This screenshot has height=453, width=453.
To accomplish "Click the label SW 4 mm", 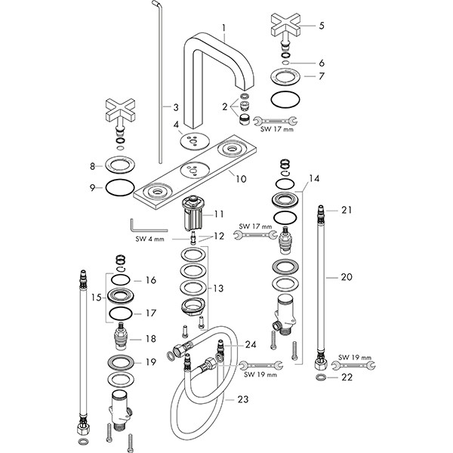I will (150, 240).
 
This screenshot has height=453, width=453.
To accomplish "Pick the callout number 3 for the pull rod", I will (175, 108).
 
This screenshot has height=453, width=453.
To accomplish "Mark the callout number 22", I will (347, 377).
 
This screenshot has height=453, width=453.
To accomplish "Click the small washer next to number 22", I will (322, 376).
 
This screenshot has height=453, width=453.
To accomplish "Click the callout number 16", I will (150, 280).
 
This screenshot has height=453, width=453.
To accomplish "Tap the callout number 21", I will (347, 210).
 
